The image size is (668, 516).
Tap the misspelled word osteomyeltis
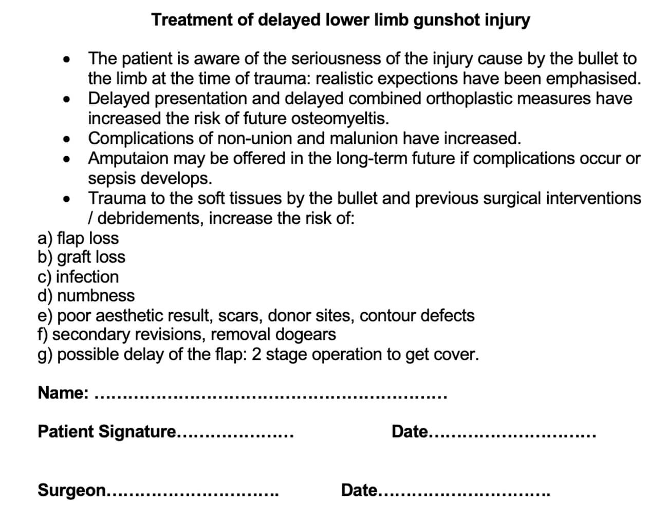pyautogui.click(x=340, y=119)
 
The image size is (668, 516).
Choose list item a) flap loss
pyautogui.click(x=78, y=238)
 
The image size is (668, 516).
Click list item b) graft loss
pyautogui.click(x=81, y=257)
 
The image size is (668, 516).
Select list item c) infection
pyautogui.click(x=78, y=277)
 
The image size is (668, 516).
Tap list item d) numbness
pyautogui.click(x=86, y=296)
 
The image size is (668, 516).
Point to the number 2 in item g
pyautogui.click(x=256, y=355)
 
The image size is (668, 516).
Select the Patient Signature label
pyautogui.click(x=107, y=432)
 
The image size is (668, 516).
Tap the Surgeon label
pyautogui.click(x=71, y=490)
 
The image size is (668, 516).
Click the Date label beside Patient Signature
pyautogui.click(x=409, y=432)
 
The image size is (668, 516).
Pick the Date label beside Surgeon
pyautogui.click(x=359, y=490)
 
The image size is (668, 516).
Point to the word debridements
pyautogui.click(x=151, y=219)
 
